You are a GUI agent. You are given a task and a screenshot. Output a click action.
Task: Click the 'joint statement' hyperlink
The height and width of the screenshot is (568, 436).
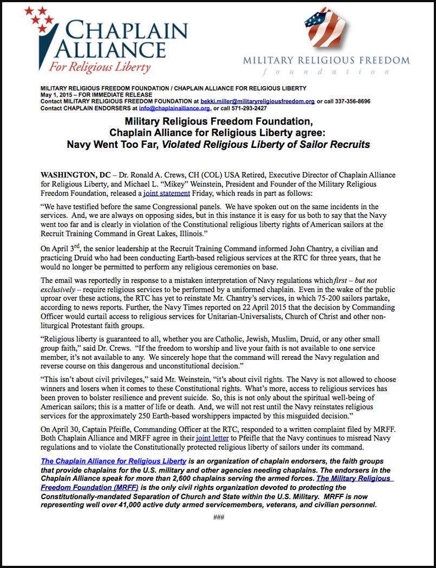[x=167, y=193]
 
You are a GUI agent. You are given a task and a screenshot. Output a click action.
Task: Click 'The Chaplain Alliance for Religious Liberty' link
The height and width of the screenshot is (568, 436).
[x=114, y=461]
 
